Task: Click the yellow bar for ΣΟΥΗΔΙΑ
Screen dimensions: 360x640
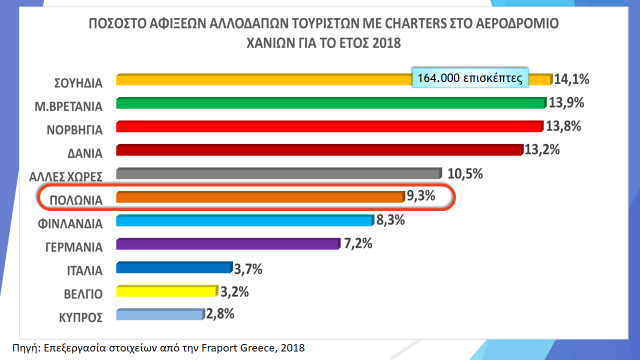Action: [260, 79]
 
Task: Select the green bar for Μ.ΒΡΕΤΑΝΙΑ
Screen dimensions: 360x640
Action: [330, 103]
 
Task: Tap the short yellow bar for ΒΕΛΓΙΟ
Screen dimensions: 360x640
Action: [166, 292]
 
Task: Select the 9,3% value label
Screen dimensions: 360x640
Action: [418, 197]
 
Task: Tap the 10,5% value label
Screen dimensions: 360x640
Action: [465, 174]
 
